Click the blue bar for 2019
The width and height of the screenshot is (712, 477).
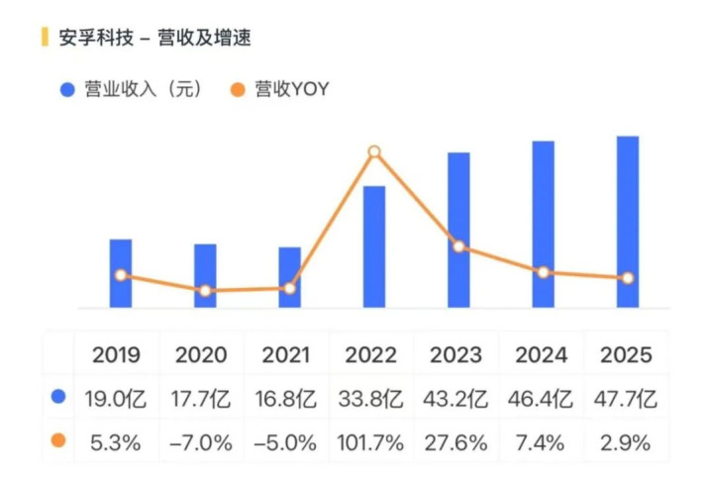point(121,273)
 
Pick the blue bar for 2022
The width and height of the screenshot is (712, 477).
point(374,246)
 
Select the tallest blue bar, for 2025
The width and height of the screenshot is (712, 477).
point(628,222)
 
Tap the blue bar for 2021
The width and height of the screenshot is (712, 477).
point(289,277)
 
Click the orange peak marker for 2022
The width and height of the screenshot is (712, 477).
point(374,152)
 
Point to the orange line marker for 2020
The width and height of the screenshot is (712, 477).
point(205,291)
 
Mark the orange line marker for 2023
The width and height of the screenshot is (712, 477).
point(458,246)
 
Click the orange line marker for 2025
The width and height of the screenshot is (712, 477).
point(628,278)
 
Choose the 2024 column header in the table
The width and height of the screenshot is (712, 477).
point(543,354)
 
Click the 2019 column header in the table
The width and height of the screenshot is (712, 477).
point(117,354)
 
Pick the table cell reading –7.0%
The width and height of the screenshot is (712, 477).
point(202,442)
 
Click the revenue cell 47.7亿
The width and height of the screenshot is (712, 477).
point(627,399)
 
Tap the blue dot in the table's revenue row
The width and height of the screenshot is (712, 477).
point(58,398)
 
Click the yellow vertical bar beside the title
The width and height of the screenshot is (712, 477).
point(44,39)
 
